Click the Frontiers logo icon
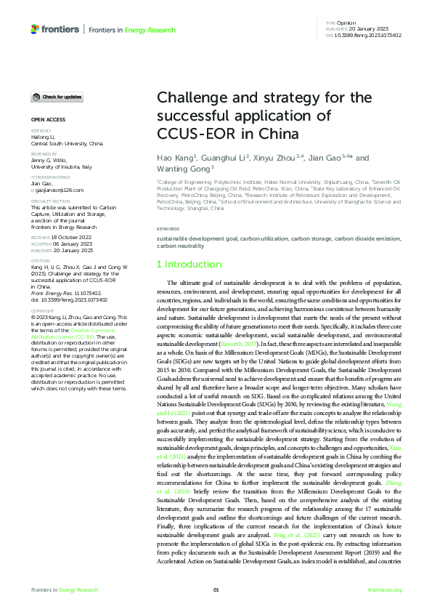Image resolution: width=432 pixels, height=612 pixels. (x=35, y=29)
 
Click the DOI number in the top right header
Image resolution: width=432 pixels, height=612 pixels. (x=372, y=35)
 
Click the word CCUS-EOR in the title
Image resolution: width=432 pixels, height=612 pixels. (x=192, y=134)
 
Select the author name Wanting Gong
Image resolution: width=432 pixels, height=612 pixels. (x=184, y=168)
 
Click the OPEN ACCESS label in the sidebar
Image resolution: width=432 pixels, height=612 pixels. (x=48, y=118)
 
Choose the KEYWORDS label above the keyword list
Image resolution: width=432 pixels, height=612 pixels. (x=168, y=229)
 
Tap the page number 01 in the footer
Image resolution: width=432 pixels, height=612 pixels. (x=216, y=589)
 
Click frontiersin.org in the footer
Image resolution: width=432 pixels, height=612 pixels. (x=385, y=589)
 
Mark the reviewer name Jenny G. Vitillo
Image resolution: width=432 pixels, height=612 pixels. (x=49, y=160)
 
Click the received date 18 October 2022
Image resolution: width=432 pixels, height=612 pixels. (x=70, y=237)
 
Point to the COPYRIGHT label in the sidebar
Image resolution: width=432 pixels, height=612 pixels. (x=43, y=310)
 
